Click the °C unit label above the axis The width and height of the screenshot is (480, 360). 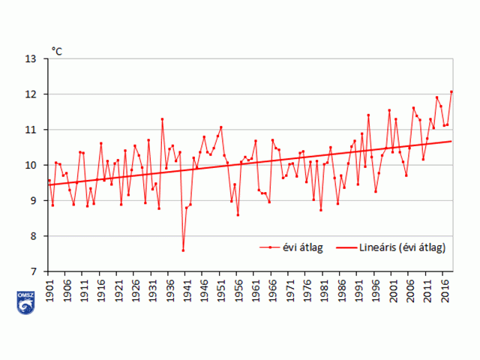coord(57,51)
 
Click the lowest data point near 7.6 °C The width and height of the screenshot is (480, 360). coord(183,250)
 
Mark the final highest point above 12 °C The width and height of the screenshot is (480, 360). coord(451,91)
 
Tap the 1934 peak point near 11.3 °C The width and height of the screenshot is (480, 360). coord(162,119)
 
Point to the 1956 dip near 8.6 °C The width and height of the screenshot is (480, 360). coord(238,215)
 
